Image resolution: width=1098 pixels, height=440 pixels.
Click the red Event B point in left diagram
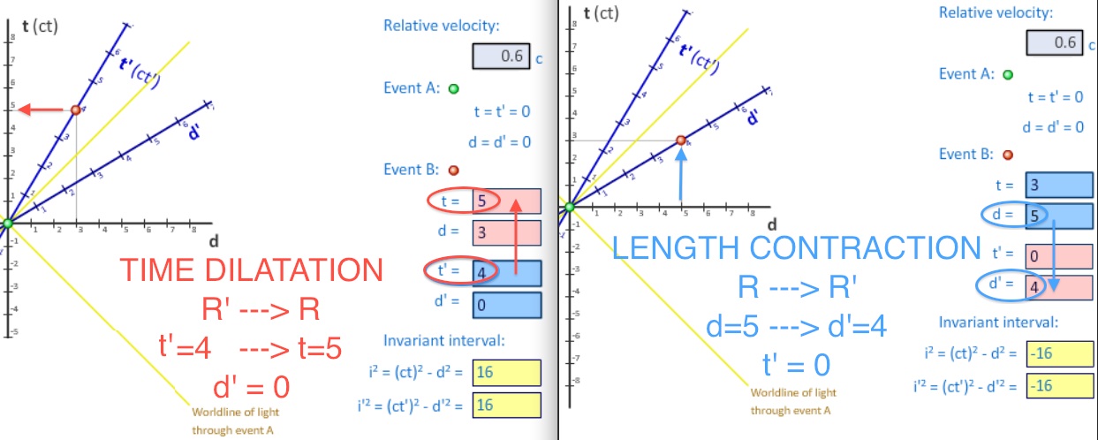(x=75, y=110)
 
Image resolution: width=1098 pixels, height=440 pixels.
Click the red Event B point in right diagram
(x=680, y=140)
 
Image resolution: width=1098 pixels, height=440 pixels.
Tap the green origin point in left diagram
(x=8, y=223)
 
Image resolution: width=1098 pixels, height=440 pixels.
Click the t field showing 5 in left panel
(x=506, y=201)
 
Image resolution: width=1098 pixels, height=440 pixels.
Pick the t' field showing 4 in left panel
(x=506, y=272)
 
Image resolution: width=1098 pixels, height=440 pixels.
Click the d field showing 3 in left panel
(x=506, y=232)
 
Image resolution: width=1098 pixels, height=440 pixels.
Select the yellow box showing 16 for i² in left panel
(x=506, y=372)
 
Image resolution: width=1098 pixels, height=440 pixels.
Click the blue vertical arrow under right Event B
(x=680, y=172)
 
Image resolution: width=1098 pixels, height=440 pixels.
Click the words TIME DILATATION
(x=251, y=270)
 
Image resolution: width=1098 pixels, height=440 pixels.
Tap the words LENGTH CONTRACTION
(x=797, y=247)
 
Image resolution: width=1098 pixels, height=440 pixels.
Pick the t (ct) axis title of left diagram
(x=39, y=27)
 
